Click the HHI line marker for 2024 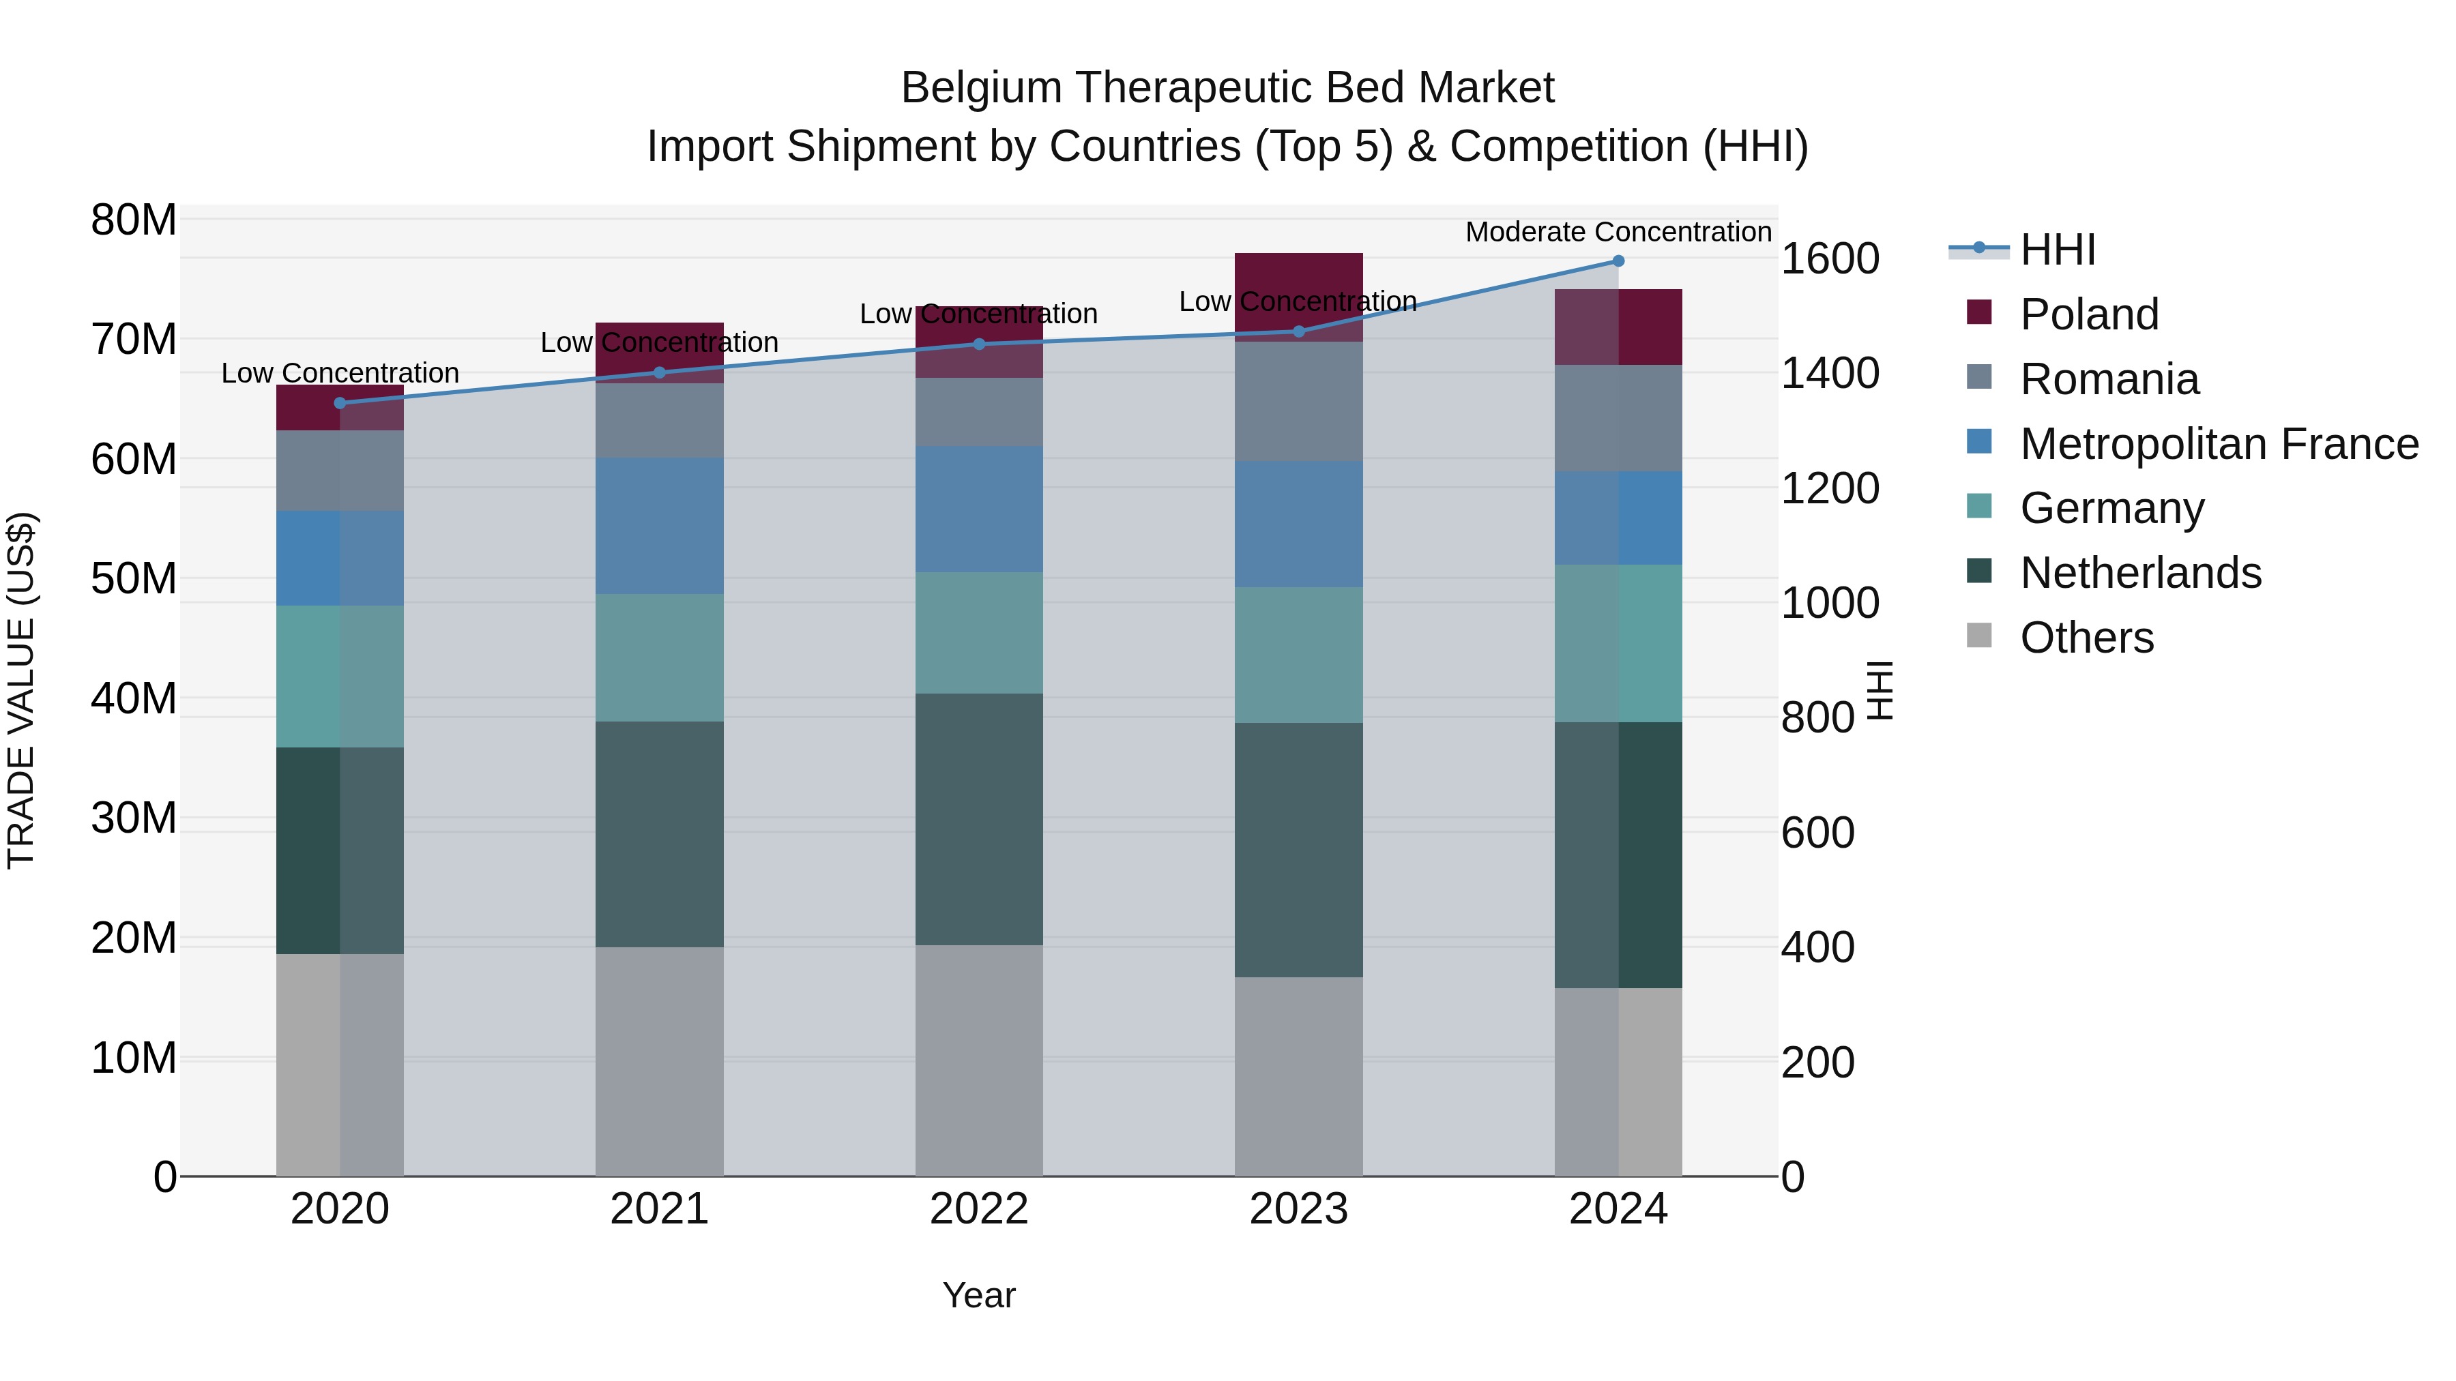click(x=1618, y=261)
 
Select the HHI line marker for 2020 click(x=340, y=403)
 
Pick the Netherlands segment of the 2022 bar click(x=979, y=820)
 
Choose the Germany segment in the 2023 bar click(x=1298, y=655)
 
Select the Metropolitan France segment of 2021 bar click(x=660, y=526)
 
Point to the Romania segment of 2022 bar click(x=979, y=413)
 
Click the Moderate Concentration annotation click(x=1618, y=232)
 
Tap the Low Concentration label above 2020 click(x=340, y=372)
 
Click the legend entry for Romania click(x=2109, y=379)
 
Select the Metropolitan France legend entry click(x=2219, y=444)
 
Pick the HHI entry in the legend click(x=2058, y=250)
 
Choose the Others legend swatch click(x=1979, y=636)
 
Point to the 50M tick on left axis click(x=134, y=578)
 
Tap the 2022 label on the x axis click(x=979, y=1209)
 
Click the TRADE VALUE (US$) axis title click(x=21, y=690)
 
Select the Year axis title click(x=979, y=1295)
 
